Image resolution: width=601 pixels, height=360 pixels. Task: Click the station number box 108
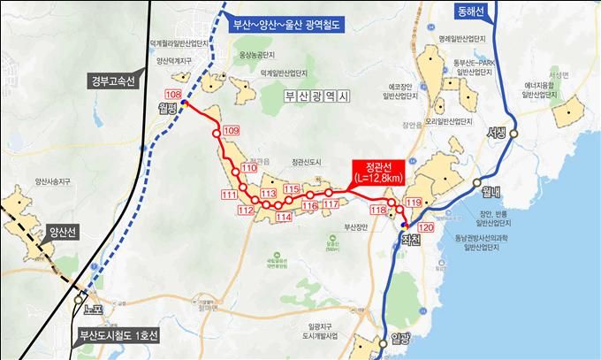172,94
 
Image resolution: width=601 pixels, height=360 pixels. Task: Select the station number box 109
232,131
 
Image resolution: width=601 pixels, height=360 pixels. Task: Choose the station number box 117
331,204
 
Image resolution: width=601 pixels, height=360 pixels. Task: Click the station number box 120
426,228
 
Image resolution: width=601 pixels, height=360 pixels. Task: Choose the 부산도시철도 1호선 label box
117,335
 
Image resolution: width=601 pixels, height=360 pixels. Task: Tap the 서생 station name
497,133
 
